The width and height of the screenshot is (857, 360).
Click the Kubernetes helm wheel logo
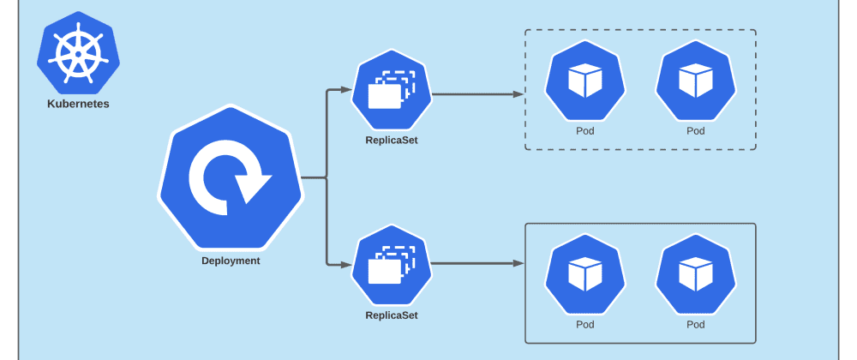pyautogui.click(x=78, y=52)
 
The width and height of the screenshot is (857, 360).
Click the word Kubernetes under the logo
pyautogui.click(x=78, y=104)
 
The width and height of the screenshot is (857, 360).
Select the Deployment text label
pyautogui.click(x=230, y=261)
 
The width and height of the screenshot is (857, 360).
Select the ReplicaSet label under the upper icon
pyautogui.click(x=392, y=140)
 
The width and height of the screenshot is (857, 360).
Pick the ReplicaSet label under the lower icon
pyautogui.click(x=392, y=315)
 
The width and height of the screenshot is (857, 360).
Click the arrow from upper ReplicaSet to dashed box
pyautogui.click(x=476, y=93)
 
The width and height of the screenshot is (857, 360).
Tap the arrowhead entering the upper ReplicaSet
pyautogui.click(x=346, y=90)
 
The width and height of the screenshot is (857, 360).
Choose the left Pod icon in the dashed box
pyautogui.click(x=585, y=81)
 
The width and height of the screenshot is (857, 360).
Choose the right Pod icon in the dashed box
pyautogui.click(x=695, y=81)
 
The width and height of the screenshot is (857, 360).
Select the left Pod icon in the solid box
pyautogui.click(x=585, y=274)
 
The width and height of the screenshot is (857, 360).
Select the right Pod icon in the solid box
pyautogui.click(x=695, y=274)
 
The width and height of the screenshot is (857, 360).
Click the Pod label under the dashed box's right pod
pyautogui.click(x=695, y=131)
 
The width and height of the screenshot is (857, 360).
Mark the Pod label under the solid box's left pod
pyautogui.click(x=585, y=324)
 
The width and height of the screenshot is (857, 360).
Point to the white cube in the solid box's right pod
pyautogui.click(x=695, y=274)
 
